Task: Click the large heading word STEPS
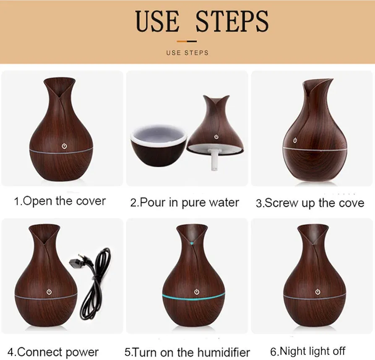tap(232, 21)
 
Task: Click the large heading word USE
tap(157, 21)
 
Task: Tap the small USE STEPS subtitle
tap(187, 52)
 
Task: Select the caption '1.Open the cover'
tap(60, 201)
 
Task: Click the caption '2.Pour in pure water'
tap(185, 202)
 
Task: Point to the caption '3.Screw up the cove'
tap(310, 203)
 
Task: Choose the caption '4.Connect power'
tap(53, 352)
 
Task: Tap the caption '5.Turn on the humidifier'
tap(187, 352)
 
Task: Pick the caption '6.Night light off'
tap(308, 351)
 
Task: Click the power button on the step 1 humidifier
tap(64, 146)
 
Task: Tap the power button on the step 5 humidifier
tap(197, 291)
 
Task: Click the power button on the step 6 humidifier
tap(318, 292)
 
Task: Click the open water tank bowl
tap(159, 145)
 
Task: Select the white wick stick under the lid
tap(214, 159)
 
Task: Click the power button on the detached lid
tap(216, 137)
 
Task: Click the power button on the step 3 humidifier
tap(295, 140)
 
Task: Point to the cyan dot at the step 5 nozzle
tap(192, 243)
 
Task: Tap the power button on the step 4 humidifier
tap(49, 292)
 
